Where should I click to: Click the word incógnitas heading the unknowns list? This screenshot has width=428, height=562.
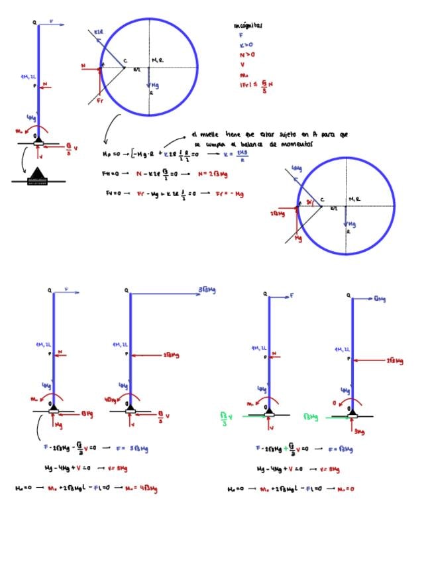click(x=248, y=26)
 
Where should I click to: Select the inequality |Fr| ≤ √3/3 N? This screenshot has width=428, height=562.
click(x=255, y=84)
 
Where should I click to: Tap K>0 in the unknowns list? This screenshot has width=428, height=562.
click(x=246, y=45)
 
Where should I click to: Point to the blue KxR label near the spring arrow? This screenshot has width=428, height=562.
click(x=97, y=32)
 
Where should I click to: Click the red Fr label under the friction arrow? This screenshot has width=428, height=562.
click(x=100, y=101)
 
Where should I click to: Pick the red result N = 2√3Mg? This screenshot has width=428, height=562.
click(x=214, y=174)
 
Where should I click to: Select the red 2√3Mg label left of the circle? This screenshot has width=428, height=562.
click(x=278, y=213)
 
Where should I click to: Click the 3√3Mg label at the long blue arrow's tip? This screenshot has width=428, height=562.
click(x=207, y=290)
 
